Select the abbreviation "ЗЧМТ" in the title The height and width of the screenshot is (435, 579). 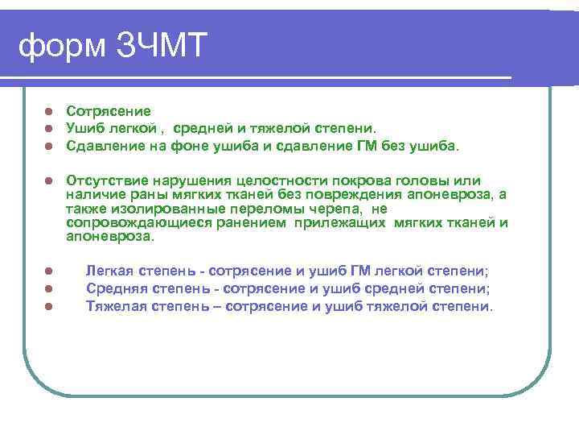tap(161, 47)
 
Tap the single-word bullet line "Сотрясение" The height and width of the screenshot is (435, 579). tap(108, 110)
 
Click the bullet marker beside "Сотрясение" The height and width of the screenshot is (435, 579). tap(48, 111)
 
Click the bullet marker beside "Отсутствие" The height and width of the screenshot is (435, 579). tap(48, 180)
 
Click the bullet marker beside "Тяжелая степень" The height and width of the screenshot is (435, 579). tap(48, 307)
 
